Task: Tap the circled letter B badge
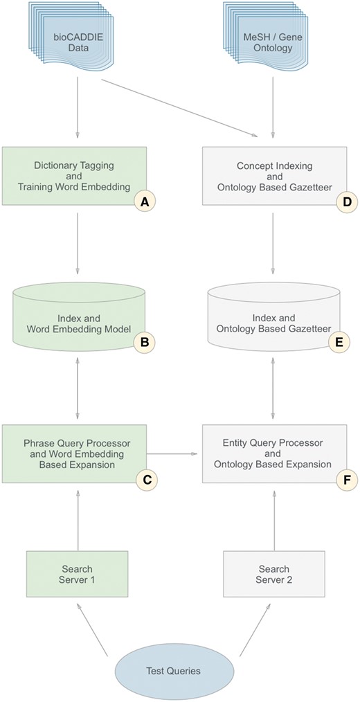pos(145,341)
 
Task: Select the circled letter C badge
pos(145,479)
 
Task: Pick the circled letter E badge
pos(339,341)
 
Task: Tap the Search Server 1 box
pos(77,574)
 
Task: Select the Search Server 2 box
pos(273,574)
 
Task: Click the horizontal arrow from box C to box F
pos(174,455)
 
